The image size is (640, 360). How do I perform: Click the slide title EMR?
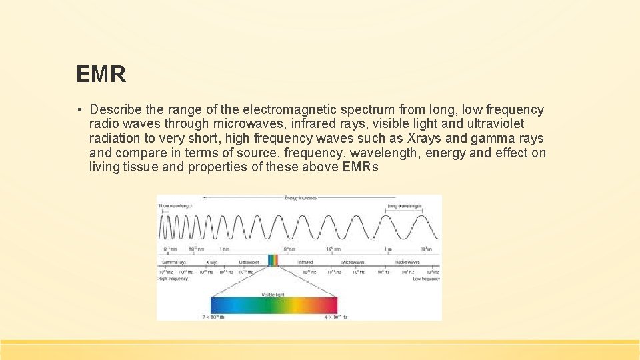101,74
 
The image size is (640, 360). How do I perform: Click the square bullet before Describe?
79,110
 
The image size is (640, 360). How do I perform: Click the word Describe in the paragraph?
115,109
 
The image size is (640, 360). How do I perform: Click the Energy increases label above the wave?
300,198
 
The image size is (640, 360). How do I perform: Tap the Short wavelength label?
175,207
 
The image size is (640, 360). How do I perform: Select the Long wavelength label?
404,207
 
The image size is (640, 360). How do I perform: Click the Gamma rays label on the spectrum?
173,263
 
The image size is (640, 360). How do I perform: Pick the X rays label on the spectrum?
212,263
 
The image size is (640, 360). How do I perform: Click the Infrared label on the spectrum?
305,263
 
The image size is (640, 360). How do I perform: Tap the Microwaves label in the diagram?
353,263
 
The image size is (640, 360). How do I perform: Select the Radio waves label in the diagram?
407,263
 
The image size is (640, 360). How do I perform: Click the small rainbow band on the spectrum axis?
272,261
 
